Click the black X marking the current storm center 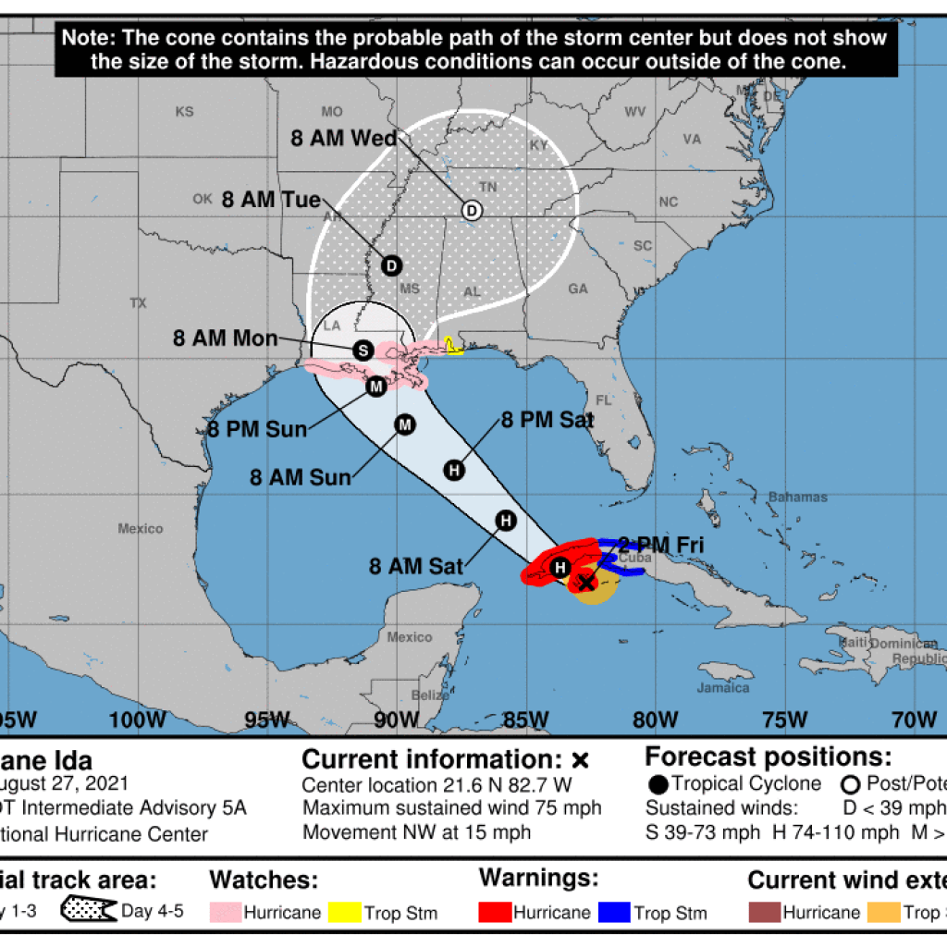585,582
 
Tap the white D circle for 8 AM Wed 471,210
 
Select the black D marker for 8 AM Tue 391,265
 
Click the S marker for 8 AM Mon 363,351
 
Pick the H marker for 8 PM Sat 454,470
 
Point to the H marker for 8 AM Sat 505,521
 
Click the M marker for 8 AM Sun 405,424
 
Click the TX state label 139,302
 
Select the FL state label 603,400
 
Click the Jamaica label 724,687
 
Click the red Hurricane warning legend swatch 495,913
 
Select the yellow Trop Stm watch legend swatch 344,913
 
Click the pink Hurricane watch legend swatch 225,913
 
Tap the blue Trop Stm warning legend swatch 614,913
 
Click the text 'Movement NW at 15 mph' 416,831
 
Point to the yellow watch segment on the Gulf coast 451,345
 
